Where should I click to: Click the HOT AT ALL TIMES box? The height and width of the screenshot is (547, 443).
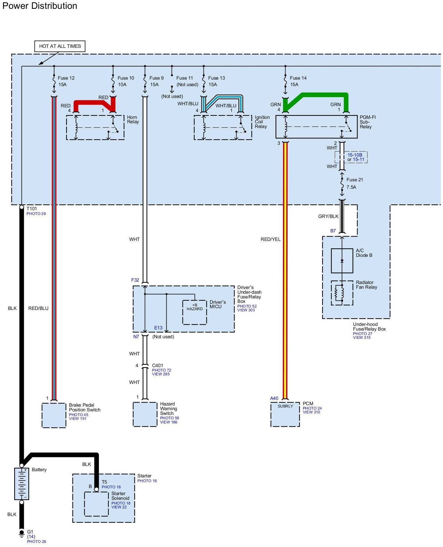click(x=60, y=46)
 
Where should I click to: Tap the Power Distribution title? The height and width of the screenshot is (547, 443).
click(x=40, y=6)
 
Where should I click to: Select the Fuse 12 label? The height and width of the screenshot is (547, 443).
click(x=66, y=78)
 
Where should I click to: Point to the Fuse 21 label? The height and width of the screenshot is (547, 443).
click(x=355, y=180)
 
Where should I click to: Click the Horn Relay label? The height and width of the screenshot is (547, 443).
click(x=133, y=119)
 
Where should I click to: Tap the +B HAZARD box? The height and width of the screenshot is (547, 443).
click(x=195, y=312)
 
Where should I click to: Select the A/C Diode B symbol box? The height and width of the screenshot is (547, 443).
click(x=342, y=261)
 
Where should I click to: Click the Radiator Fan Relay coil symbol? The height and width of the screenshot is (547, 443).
click(x=342, y=293)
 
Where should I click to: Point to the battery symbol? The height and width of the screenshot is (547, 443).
click(x=22, y=484)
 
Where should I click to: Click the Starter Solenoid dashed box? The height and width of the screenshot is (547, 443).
click(x=96, y=504)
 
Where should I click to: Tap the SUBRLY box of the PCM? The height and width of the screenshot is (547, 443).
click(x=285, y=414)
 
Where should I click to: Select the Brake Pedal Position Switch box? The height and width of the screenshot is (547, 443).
click(x=54, y=415)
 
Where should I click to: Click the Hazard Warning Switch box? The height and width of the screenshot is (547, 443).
click(x=145, y=414)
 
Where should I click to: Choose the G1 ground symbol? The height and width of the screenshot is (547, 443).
click(x=22, y=533)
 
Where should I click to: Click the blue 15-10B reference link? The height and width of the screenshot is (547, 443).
click(x=355, y=155)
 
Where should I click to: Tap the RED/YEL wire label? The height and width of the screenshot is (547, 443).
click(x=270, y=239)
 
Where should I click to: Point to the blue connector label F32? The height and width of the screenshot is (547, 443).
click(x=135, y=280)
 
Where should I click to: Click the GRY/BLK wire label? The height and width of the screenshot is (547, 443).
click(x=328, y=216)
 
